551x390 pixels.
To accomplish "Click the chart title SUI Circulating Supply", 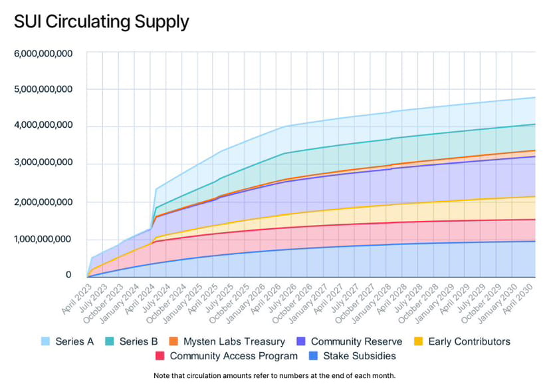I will pyautogui.click(x=101, y=22).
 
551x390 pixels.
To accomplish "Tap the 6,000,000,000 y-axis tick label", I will pyautogui.click(x=43, y=53).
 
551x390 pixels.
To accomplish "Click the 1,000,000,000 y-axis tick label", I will pyautogui.click(x=43, y=240).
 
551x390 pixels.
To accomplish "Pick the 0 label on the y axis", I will pyautogui.click(x=68, y=274).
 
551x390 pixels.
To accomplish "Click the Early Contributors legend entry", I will pyautogui.click(x=469, y=341).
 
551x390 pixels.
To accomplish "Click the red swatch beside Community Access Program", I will pyautogui.click(x=160, y=356).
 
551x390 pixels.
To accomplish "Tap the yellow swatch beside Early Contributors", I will pyautogui.click(x=419, y=341).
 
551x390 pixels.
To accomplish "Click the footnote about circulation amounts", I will pyautogui.click(x=275, y=375).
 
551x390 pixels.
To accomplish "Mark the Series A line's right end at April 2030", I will pyautogui.click(x=536, y=98).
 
